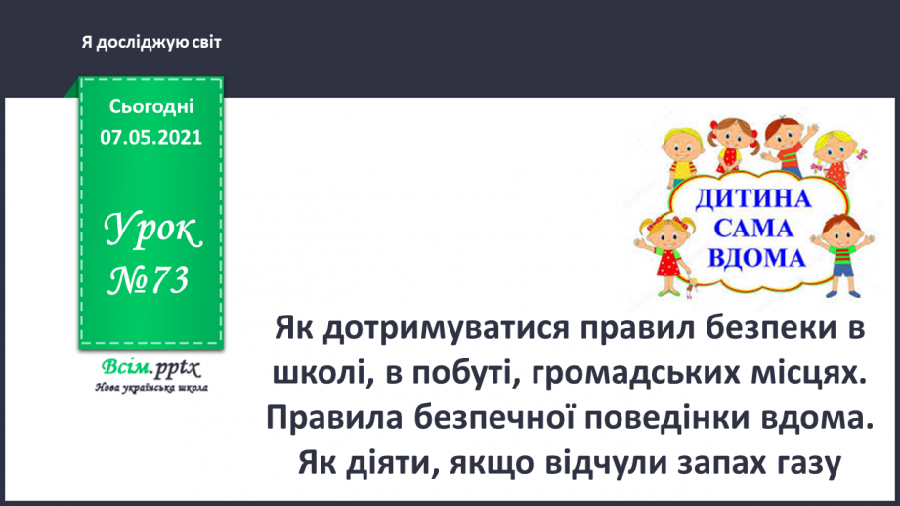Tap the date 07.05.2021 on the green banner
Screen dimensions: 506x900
point(150,137)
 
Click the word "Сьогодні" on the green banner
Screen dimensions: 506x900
point(150,105)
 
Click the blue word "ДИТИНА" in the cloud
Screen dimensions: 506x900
point(754,199)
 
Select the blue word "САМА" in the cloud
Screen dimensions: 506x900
point(754,230)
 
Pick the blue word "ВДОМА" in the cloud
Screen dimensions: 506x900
point(754,259)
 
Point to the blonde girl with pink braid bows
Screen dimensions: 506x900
point(836,147)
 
